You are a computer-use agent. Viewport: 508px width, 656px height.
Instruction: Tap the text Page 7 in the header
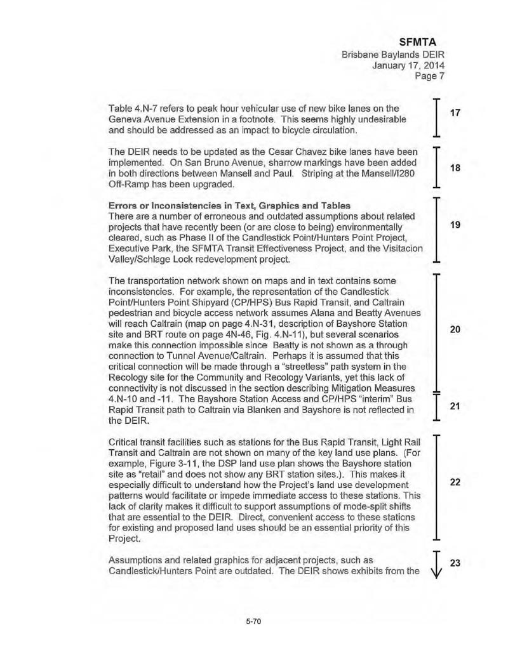[x=431, y=77]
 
